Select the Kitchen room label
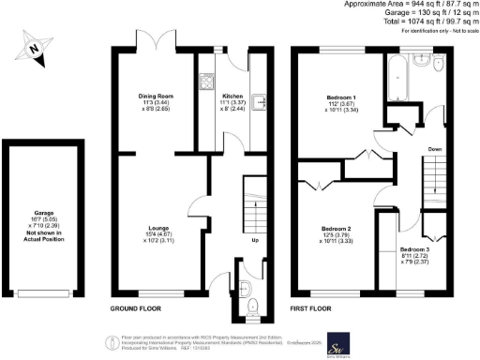tap(232, 96)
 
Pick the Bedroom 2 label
tap(335, 228)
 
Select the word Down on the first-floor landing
tap(435, 148)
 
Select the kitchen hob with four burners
tap(206, 78)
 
